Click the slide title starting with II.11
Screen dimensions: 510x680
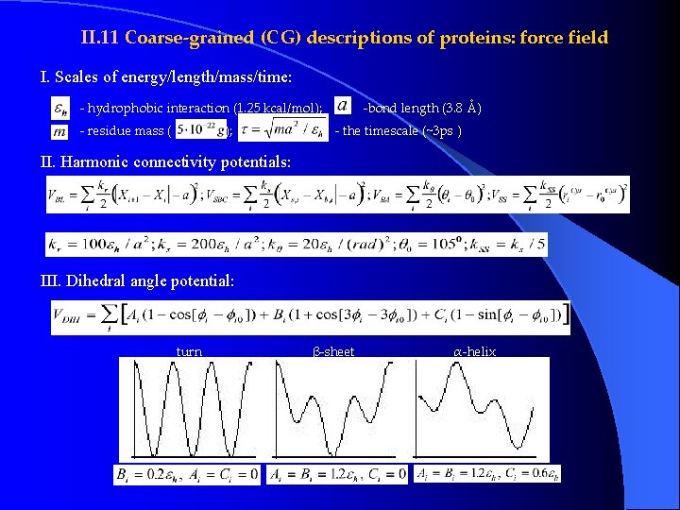click(344, 39)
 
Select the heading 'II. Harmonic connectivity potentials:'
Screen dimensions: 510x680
click(165, 162)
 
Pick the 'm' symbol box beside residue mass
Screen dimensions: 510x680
click(59, 131)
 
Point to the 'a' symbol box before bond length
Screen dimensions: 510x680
click(342, 106)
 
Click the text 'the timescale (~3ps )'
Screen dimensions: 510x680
click(400, 131)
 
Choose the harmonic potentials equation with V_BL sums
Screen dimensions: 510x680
click(337, 195)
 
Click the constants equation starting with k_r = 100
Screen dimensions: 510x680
click(296, 244)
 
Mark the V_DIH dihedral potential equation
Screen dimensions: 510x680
click(311, 318)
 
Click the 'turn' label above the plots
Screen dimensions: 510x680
click(189, 352)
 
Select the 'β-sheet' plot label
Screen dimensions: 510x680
click(333, 352)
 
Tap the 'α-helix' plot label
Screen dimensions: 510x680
click(474, 352)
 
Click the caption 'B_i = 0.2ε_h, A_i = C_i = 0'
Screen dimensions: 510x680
click(186, 473)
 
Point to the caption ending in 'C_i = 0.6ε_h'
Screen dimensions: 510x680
click(487, 473)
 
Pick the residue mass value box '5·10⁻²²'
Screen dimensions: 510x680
click(199, 131)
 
